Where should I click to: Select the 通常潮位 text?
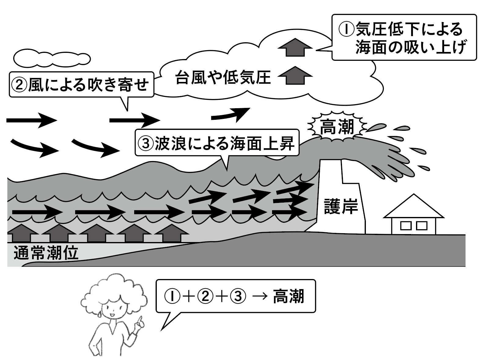point(46,253)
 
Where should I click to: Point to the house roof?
point(414,208)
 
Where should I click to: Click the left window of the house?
point(406,226)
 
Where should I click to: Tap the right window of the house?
point(422,226)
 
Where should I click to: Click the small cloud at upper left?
point(52,58)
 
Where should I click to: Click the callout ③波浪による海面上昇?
point(217,143)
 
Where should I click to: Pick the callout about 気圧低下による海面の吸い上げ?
point(404,38)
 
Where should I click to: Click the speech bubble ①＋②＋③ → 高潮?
point(235,296)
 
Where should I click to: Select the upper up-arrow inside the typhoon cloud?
point(295,47)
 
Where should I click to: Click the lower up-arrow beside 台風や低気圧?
point(295,75)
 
